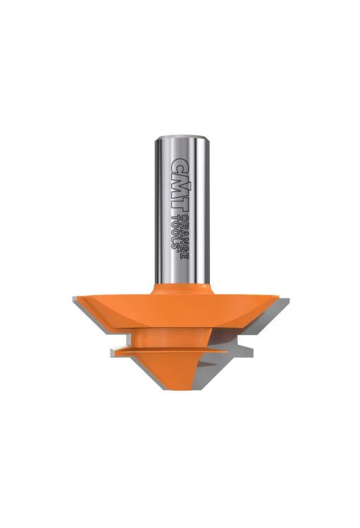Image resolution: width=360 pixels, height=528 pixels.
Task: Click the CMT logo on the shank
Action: (180, 186)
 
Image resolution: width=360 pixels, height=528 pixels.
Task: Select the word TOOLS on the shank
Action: (175, 231)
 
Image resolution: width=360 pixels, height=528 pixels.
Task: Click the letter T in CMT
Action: (180, 206)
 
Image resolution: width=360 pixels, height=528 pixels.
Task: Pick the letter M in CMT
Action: (180, 187)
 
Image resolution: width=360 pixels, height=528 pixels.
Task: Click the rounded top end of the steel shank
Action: (180, 137)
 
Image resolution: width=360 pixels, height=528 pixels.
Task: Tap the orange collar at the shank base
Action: (182, 289)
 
